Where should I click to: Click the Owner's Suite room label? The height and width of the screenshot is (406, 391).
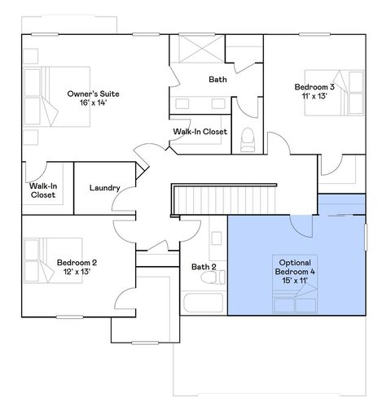click(x=99, y=94)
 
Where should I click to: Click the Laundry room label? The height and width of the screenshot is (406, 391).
click(x=105, y=189)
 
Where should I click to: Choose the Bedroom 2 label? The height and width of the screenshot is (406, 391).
click(x=77, y=262)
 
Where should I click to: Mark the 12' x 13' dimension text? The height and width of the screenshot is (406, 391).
click(x=77, y=273)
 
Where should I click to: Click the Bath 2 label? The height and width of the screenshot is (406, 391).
click(x=203, y=266)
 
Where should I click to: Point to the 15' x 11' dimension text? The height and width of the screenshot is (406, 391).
click(x=295, y=279)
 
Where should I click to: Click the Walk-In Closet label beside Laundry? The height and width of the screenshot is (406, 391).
click(x=42, y=190)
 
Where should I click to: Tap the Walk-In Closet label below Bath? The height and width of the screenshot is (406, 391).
click(x=200, y=131)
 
